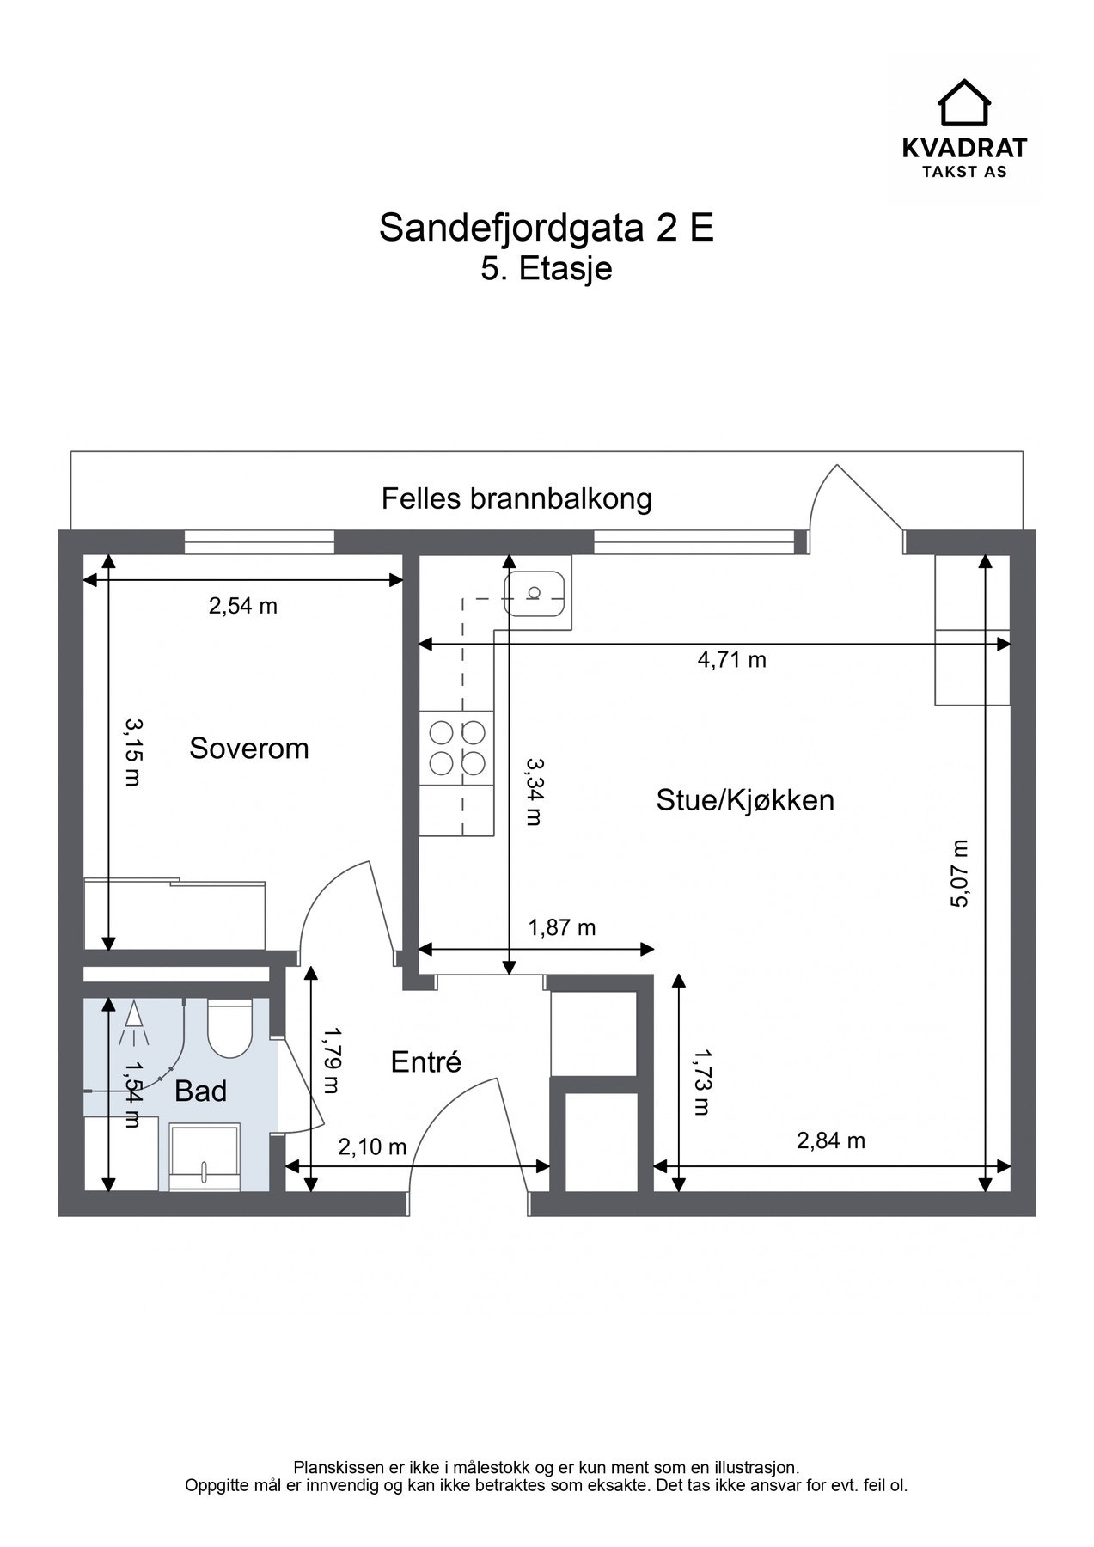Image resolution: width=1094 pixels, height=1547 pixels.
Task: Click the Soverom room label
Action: tap(248, 748)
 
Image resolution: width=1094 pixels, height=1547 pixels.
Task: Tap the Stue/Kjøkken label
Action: tap(744, 800)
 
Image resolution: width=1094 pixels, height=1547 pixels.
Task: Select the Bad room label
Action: tap(200, 1091)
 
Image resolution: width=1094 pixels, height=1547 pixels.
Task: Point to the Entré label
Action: tap(425, 1062)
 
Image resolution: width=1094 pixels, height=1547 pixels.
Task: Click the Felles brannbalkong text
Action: tap(516, 498)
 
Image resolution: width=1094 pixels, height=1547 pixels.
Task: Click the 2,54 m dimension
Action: tap(243, 606)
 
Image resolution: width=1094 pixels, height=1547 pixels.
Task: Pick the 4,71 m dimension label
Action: tap(731, 660)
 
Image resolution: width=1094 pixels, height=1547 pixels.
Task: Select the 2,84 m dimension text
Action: tap(830, 1141)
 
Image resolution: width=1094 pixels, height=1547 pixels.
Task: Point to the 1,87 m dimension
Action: tap(561, 927)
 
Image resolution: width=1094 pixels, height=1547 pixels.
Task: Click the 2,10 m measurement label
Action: tap(372, 1146)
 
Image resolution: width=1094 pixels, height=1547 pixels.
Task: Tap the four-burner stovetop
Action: tap(457, 748)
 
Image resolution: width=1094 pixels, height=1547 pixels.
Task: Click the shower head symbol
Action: tap(134, 1016)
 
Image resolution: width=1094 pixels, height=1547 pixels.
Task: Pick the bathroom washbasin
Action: tap(205, 1156)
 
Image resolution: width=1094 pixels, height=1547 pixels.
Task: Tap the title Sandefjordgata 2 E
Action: tap(547, 228)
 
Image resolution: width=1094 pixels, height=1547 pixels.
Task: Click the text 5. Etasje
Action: tap(547, 268)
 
